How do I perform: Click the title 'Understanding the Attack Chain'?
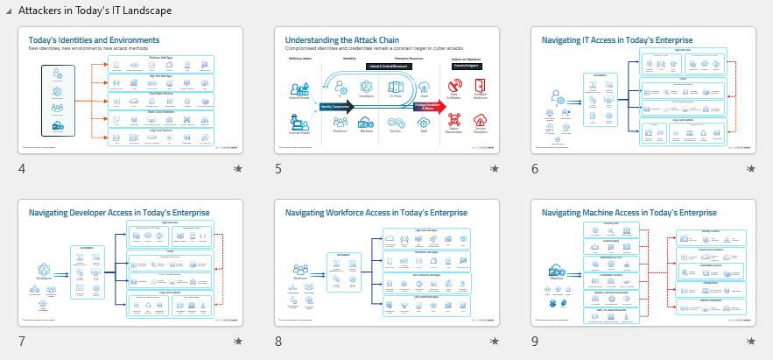(341, 39)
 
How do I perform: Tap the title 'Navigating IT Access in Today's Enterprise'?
(616, 39)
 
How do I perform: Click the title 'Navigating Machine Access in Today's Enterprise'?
(629, 212)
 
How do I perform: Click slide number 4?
(22, 168)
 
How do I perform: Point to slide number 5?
(278, 168)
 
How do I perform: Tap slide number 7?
(22, 341)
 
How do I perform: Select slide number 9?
(535, 341)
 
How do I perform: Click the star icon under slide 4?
(237, 168)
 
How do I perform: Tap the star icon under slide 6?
(750, 168)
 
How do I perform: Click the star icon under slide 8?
(494, 341)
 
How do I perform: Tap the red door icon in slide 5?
(480, 86)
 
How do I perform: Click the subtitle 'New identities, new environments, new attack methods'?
(90, 48)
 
